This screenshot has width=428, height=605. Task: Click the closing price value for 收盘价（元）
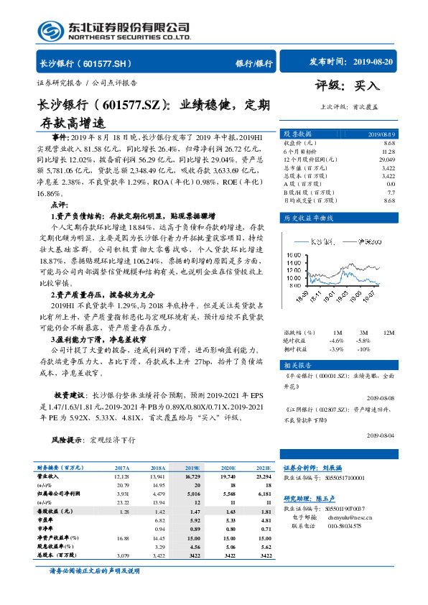click(x=389, y=144)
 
